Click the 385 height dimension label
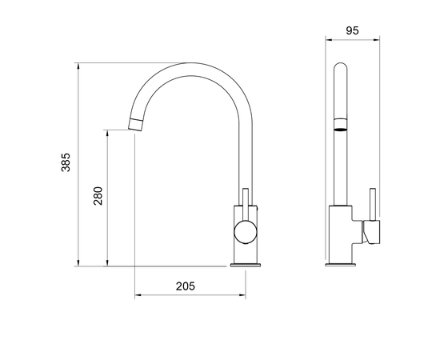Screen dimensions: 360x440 click(x=66, y=163)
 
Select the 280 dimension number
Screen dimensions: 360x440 click(x=98, y=196)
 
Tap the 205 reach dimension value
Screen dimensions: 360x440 click(x=185, y=286)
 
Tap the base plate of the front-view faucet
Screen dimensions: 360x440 click(x=246, y=263)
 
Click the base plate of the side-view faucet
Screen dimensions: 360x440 click(x=343, y=263)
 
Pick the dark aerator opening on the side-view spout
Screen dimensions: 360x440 click(x=341, y=127)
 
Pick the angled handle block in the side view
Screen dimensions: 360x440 click(x=370, y=232)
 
